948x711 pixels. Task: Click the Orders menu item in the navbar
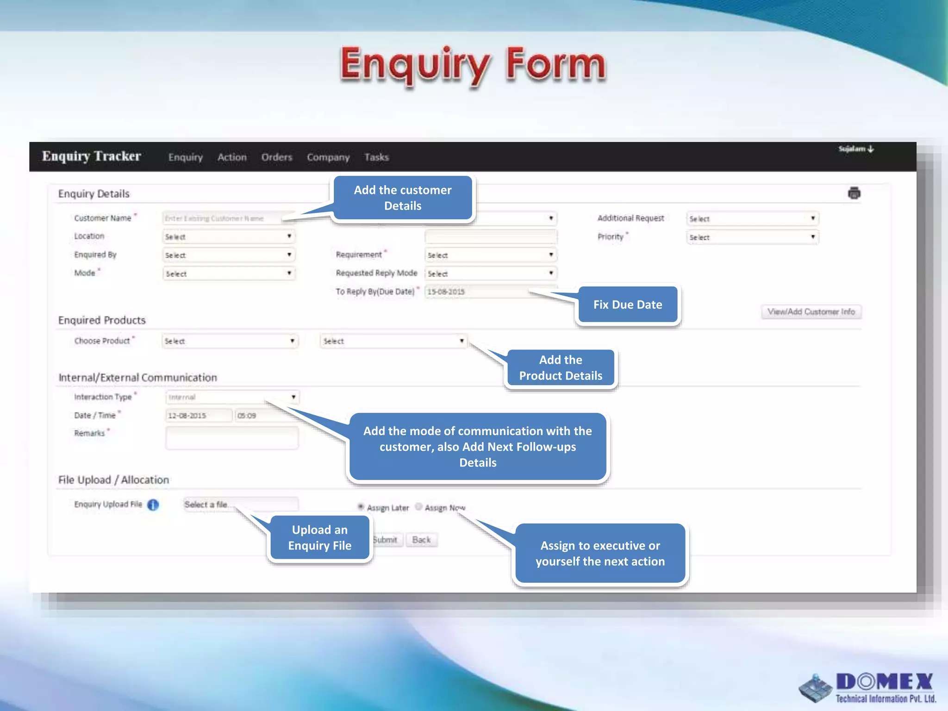click(x=277, y=157)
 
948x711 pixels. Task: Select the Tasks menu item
click(x=376, y=157)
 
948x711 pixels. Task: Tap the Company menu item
click(x=328, y=157)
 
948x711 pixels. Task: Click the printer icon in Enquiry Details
click(x=854, y=193)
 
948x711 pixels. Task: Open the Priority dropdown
click(x=753, y=237)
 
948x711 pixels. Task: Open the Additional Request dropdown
click(x=753, y=218)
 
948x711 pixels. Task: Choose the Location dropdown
click(x=229, y=237)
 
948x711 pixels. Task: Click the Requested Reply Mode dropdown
click(x=491, y=274)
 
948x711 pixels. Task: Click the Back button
click(x=421, y=540)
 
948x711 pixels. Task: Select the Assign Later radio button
click(x=361, y=507)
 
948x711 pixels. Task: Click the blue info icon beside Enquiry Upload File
click(x=153, y=505)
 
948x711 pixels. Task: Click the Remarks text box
click(x=232, y=437)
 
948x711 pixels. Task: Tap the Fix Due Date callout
click(x=628, y=305)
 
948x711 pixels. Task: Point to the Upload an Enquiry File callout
click(x=320, y=538)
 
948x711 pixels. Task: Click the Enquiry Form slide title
click(x=473, y=64)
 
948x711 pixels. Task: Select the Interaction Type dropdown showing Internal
click(x=232, y=397)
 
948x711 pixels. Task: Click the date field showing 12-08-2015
click(x=199, y=416)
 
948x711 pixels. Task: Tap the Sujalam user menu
click(x=856, y=149)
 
